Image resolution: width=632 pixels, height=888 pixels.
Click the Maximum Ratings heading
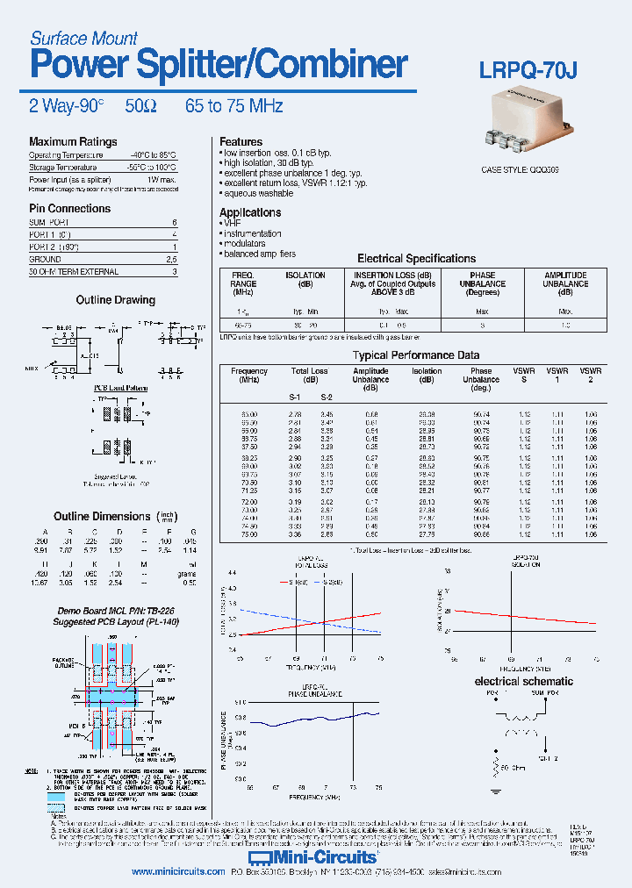point(73,142)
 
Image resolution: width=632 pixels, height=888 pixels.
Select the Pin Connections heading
point(70,209)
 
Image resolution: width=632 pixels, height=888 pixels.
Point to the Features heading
point(241,142)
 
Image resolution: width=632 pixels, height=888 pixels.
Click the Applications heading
point(250,213)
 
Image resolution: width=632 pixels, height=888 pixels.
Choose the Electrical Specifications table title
point(416,259)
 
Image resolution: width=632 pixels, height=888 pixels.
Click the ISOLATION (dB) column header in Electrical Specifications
point(305,280)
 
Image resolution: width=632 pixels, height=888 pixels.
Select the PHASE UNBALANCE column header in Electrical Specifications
point(482,280)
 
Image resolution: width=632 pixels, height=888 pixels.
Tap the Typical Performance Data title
point(416,355)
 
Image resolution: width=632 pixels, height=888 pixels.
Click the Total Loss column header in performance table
point(309,372)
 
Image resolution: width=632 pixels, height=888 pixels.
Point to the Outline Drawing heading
point(115,300)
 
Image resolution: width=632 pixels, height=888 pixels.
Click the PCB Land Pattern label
point(120,388)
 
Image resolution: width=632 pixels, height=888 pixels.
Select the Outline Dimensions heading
point(102,517)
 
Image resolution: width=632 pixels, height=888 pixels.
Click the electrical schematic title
point(523,681)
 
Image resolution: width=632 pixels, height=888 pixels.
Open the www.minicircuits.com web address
point(169,872)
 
